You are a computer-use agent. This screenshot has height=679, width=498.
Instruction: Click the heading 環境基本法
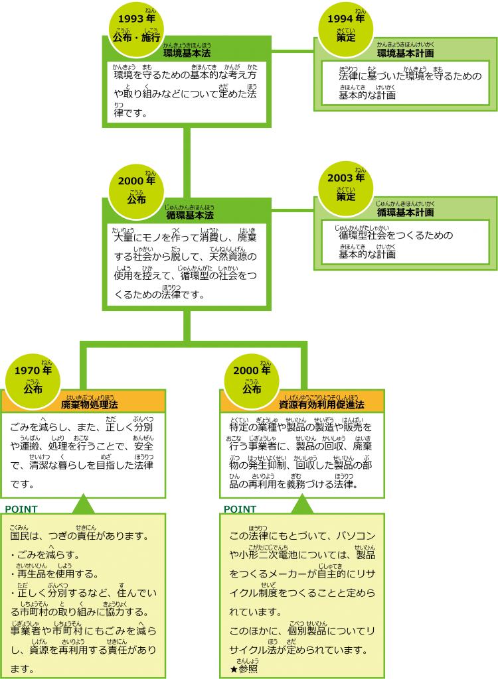[x=187, y=53]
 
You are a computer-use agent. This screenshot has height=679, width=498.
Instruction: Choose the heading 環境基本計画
[x=405, y=53]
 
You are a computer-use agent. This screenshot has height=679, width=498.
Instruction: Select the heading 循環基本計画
[x=405, y=212]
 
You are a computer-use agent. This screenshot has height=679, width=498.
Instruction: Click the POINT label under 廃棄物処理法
[x=21, y=509]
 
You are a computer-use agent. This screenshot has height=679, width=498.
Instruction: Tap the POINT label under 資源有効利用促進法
[x=240, y=509]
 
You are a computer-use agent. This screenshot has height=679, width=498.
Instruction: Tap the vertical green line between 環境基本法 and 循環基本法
[x=187, y=159]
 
